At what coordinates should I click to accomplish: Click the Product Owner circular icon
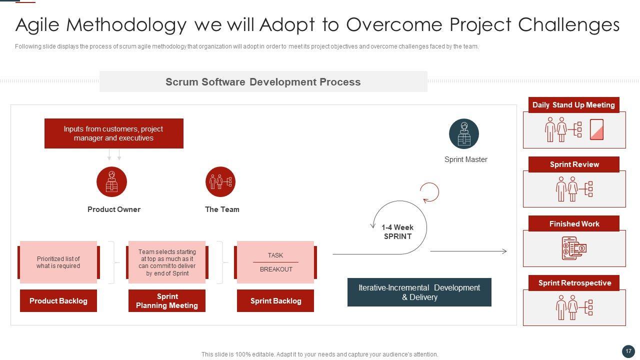pyautogui.click(x=111, y=181)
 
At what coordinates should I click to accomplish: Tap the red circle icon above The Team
pyautogui.click(x=220, y=181)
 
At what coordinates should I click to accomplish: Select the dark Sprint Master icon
pyautogui.click(x=464, y=133)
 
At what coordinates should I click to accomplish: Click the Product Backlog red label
pyautogui.click(x=58, y=300)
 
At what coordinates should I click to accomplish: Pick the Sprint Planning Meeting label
pyautogui.click(x=167, y=300)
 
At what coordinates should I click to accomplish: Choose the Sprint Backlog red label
pyautogui.click(x=275, y=300)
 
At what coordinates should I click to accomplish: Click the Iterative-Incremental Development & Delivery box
pyautogui.click(x=419, y=292)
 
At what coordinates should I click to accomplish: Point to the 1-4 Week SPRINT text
pyautogui.click(x=397, y=231)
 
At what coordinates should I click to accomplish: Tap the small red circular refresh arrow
pyautogui.click(x=429, y=192)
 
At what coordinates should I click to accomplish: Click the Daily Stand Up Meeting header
pyautogui.click(x=573, y=105)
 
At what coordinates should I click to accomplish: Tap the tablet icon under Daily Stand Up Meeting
pyautogui.click(x=597, y=129)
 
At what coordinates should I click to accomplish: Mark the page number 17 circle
pyautogui.click(x=628, y=351)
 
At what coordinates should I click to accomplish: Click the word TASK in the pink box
pyautogui.click(x=275, y=255)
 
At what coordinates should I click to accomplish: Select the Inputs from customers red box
pyautogui.click(x=114, y=133)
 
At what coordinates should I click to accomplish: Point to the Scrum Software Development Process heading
pyautogui.click(x=263, y=82)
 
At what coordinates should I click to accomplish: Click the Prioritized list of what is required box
pyautogui.click(x=58, y=262)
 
